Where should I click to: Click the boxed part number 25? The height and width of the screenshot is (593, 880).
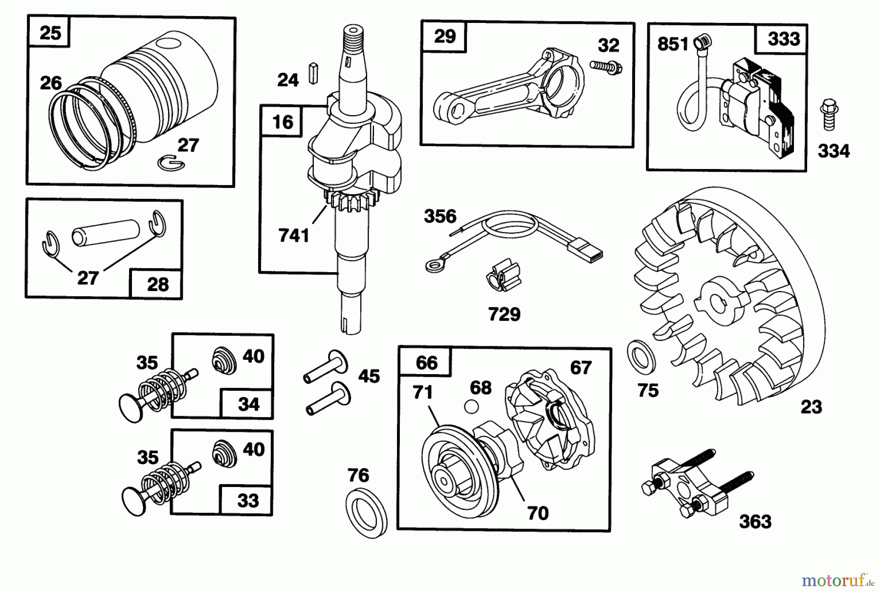pos(50,33)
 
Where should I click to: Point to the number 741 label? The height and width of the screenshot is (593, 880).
pos(294,235)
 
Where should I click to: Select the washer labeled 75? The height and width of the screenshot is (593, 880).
pos(642,356)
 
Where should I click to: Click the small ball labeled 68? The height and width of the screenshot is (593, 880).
pos(471,406)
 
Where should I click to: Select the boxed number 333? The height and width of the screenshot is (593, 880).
pos(783,39)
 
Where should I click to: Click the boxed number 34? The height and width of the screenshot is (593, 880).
pos(248,404)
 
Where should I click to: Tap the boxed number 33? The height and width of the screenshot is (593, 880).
pos(247,500)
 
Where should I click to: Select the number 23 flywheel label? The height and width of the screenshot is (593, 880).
pos(811,406)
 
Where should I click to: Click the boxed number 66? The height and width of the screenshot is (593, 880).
pos(426,362)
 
